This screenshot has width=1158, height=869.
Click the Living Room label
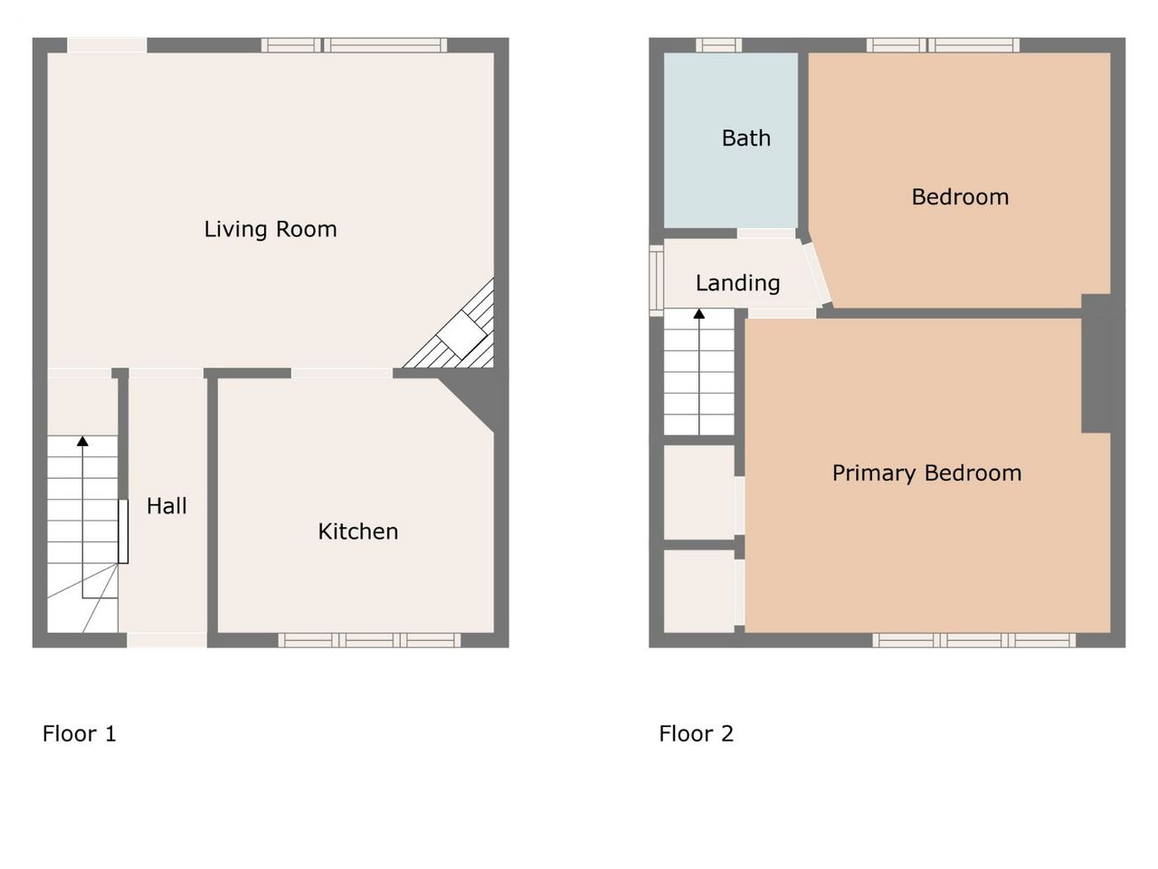click(x=271, y=230)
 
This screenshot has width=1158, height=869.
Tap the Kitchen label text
click(x=358, y=531)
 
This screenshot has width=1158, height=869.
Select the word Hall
click(x=166, y=506)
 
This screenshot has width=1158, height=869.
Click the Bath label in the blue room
click(x=746, y=138)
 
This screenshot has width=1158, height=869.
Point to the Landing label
click(x=737, y=283)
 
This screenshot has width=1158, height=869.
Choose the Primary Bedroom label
click(x=927, y=473)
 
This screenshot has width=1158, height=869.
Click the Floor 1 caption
click(x=79, y=733)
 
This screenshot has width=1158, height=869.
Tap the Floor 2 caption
click(x=696, y=733)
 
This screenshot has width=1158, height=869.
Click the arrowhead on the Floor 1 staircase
click(x=82, y=441)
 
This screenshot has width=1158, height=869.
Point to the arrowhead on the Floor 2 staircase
click(x=699, y=314)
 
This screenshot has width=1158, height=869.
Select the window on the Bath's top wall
click(x=718, y=45)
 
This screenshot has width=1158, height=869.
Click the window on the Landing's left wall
click(x=656, y=281)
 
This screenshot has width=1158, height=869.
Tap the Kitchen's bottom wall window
click(x=369, y=640)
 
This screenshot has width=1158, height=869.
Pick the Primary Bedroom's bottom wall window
click(x=973, y=640)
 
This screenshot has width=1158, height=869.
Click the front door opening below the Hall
click(x=166, y=640)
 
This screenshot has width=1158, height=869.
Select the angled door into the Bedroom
click(x=817, y=273)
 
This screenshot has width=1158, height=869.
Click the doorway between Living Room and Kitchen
click(x=342, y=374)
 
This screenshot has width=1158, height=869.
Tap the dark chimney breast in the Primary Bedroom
click(x=1096, y=364)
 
